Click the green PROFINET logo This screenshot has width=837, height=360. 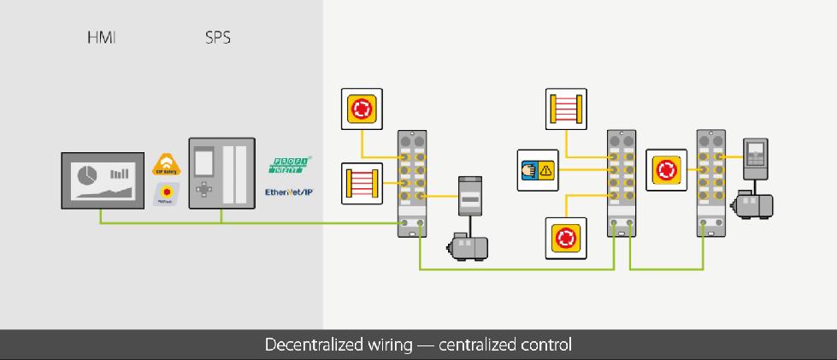291,164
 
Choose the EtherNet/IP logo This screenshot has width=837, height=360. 289,192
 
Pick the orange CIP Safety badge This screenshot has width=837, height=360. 164,163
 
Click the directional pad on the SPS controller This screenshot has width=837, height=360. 203,188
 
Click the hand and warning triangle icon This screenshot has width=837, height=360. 537,169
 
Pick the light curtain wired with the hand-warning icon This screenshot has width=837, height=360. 564,109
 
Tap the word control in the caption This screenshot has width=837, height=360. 545,345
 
